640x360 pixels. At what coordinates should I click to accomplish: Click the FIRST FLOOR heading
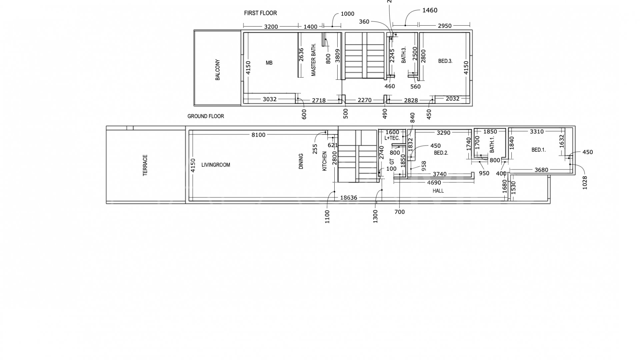pyautogui.click(x=260, y=13)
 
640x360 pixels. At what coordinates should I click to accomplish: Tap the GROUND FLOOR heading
pyautogui.click(x=206, y=116)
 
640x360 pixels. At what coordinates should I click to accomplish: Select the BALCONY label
pyautogui.click(x=218, y=70)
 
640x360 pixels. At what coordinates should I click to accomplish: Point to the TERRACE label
pyautogui.click(x=145, y=165)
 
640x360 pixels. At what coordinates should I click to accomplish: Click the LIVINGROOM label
pyautogui.click(x=216, y=165)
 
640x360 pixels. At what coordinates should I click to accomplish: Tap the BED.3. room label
pyautogui.click(x=445, y=61)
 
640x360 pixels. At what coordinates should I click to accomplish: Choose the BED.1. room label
pyautogui.click(x=539, y=150)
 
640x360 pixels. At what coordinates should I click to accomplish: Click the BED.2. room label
pyautogui.click(x=441, y=153)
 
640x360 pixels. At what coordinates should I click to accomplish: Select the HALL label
pyautogui.click(x=438, y=191)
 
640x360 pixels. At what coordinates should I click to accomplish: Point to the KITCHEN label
pyautogui.click(x=324, y=161)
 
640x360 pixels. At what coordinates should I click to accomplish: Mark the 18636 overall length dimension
pyautogui.click(x=348, y=198)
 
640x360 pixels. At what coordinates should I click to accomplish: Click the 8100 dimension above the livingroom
pyautogui.click(x=258, y=135)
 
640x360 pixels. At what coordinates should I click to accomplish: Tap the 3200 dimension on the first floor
pyautogui.click(x=271, y=27)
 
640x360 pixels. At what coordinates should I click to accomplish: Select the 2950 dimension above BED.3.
pyautogui.click(x=445, y=26)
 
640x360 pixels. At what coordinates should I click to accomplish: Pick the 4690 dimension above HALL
pyautogui.click(x=434, y=183)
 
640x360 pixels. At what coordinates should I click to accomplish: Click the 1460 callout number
pyautogui.click(x=430, y=10)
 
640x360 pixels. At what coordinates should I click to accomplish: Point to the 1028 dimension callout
pyautogui.click(x=585, y=183)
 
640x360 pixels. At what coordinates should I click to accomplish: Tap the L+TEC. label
pyautogui.click(x=392, y=138)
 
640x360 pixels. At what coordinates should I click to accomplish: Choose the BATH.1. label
pyautogui.click(x=492, y=145)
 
